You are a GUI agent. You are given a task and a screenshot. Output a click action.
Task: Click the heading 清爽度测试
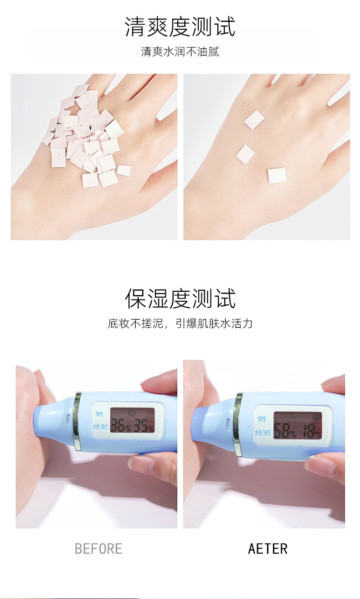(180, 26)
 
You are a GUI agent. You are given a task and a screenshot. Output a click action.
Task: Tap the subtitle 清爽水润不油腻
(180, 52)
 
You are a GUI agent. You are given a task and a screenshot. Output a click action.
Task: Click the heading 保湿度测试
(180, 299)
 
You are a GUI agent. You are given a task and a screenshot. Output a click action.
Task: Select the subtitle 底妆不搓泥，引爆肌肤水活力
(180, 323)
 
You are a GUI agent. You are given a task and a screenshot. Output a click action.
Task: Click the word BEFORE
(98, 549)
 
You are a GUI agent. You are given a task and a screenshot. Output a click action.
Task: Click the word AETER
(267, 549)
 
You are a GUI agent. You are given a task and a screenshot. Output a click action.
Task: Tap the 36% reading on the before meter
(121, 425)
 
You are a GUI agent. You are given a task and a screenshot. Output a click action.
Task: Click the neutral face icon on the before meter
(132, 413)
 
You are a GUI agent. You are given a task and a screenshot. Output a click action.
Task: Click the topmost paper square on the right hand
(254, 120)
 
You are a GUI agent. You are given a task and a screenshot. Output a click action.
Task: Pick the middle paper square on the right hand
(245, 154)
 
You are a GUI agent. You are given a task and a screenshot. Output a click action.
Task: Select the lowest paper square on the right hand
(277, 176)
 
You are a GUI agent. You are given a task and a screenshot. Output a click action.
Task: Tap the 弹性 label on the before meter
(99, 414)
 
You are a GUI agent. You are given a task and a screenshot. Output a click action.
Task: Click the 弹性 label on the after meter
(262, 419)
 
